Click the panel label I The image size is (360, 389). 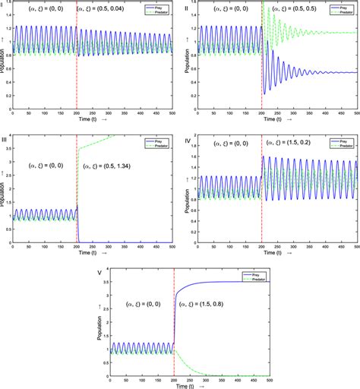tap(3, 4)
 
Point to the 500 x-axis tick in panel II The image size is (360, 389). tap(357, 114)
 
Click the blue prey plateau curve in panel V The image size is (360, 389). tap(228, 283)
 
